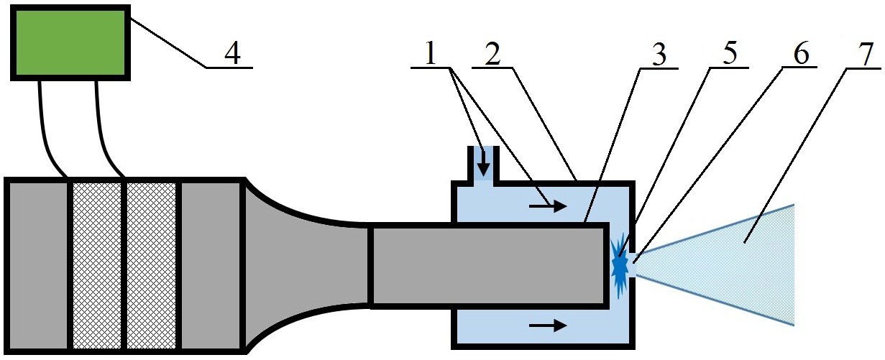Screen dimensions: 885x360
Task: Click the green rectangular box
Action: point(70,42)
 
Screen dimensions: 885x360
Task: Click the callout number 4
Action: point(233,53)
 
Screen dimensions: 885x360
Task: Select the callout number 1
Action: point(430,54)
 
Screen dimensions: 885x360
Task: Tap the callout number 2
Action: point(492,54)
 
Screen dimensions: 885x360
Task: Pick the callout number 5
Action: point(730,53)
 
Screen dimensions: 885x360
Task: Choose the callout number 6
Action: point(801,54)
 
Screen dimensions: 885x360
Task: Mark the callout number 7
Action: point(866,54)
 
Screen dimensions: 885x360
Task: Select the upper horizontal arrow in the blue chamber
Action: point(549,206)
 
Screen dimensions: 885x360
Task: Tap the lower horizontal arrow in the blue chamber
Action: point(549,326)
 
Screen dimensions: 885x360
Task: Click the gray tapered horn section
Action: point(306,265)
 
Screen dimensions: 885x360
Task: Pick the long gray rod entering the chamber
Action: point(488,265)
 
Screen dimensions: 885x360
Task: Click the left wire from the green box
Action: point(47,130)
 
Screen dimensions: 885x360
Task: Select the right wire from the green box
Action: point(104,130)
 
